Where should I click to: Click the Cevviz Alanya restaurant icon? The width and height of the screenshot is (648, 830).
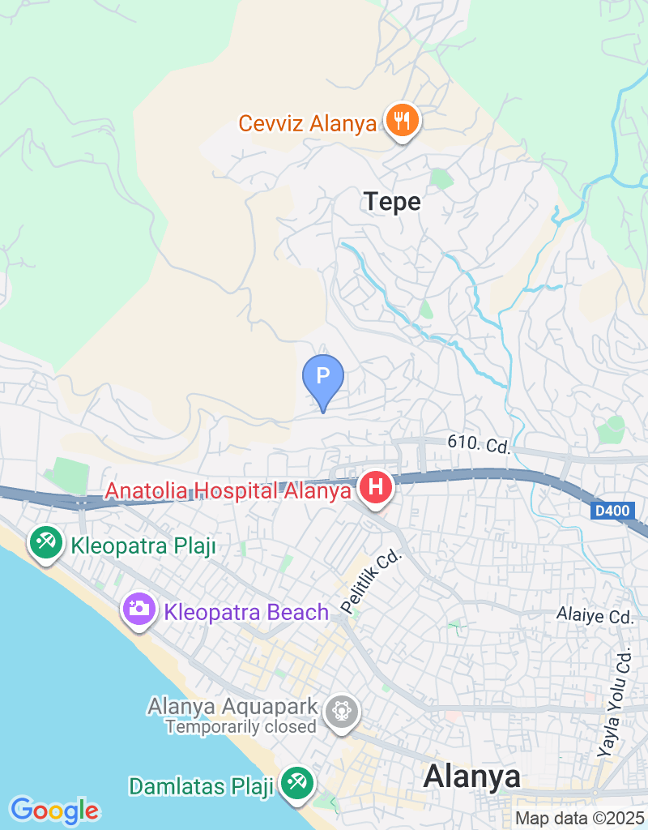point(401,122)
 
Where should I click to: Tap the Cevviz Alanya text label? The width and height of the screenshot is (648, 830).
point(307,124)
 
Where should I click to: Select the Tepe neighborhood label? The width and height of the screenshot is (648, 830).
point(393,201)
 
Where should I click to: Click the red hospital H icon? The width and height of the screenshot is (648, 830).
point(376,488)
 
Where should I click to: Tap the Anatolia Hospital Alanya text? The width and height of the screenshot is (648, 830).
point(230,491)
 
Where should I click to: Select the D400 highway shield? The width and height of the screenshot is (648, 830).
point(611,511)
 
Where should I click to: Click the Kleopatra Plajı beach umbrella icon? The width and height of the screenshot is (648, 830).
point(45,543)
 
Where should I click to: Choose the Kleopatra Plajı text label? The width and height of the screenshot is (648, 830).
point(143,545)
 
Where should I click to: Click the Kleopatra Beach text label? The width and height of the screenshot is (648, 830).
point(246,612)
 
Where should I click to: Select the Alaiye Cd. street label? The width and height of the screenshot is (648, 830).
point(595,616)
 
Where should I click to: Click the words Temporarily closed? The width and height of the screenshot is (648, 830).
point(241,726)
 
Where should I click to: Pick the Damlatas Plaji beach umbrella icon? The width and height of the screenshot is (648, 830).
point(296,783)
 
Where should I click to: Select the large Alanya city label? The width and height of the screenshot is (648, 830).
point(471,777)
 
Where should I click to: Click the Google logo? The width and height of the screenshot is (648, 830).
point(54,809)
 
